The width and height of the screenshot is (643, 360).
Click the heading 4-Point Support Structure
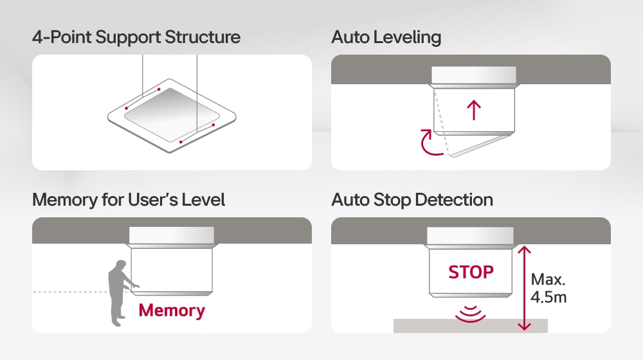tap(136, 37)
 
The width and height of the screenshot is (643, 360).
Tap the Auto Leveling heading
tap(386, 37)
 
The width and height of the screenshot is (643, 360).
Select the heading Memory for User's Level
tap(129, 200)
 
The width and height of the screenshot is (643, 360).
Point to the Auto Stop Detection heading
tap(412, 200)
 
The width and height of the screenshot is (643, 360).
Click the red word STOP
tap(471, 272)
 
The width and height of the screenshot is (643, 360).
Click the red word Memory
tap(172, 310)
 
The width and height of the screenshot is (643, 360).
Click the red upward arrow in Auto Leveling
tap(474, 110)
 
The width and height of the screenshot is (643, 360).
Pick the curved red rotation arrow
tap(430, 143)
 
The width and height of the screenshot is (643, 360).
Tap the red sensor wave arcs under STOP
tap(471, 314)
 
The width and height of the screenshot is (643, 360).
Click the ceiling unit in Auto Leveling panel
tap(474, 75)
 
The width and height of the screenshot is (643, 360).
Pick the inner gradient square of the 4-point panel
tap(171, 114)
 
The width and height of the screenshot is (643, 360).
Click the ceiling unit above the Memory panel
tap(172, 235)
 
